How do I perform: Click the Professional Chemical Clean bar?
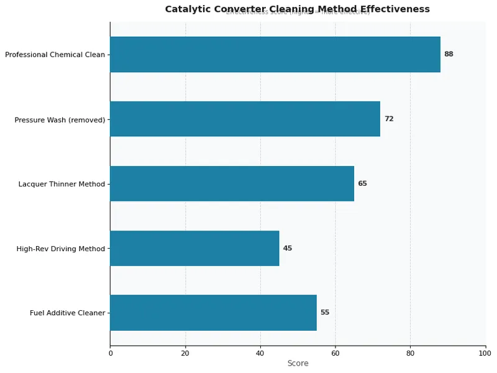[275, 54]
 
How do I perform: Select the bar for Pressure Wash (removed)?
[245, 119]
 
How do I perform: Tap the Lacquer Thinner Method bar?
[232, 183]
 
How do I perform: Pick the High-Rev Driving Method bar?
[194, 248]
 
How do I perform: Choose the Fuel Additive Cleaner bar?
[213, 313]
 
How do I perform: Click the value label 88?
[449, 54]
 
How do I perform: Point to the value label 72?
[389, 119]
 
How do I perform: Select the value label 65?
[362, 183]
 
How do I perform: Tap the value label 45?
[288, 248]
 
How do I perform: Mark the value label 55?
[325, 313]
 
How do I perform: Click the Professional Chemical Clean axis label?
[55, 55]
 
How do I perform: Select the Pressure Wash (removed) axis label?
[60, 119]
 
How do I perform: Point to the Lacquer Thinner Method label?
[62, 184]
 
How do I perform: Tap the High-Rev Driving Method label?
[61, 249]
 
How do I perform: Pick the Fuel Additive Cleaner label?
[67, 313]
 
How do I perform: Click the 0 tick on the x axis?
[111, 354]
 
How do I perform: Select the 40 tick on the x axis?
[260, 354]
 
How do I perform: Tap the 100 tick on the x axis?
[485, 354]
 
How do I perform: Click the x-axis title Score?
[298, 364]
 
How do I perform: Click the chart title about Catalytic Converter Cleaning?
[297, 9]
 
